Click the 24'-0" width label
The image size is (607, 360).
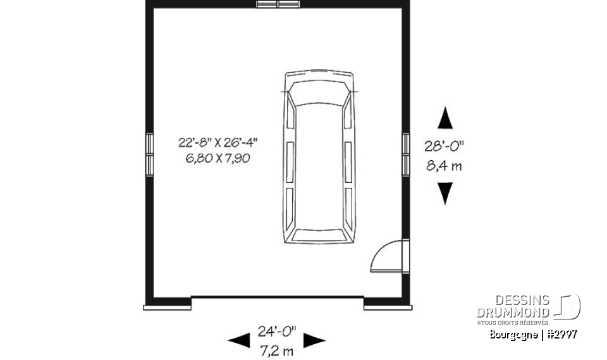(277, 330)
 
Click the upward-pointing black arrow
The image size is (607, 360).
(446, 118)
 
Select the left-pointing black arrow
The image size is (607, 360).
(238, 340)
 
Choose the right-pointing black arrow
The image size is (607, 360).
(314, 340)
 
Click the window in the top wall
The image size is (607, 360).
(278, 4)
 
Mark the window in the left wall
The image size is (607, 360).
(149, 154)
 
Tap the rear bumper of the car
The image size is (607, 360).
(318, 240)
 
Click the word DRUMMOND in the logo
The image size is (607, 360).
(512, 313)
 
